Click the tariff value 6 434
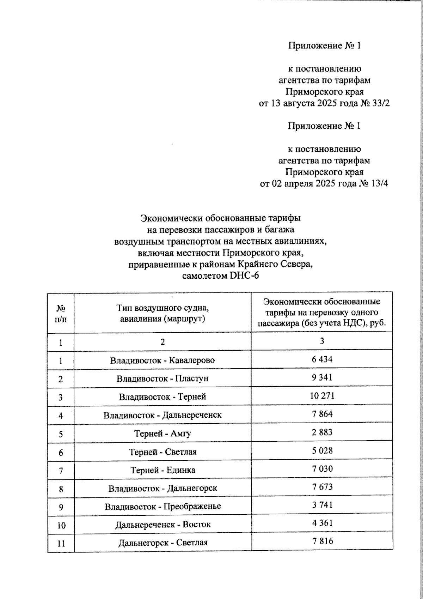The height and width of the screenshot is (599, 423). pyautogui.click(x=322, y=359)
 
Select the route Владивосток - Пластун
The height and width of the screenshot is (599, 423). pyautogui.click(x=163, y=379)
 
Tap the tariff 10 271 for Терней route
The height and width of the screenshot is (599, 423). pyautogui.click(x=322, y=396)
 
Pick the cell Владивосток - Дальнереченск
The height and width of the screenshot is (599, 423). pyautogui.click(x=163, y=415)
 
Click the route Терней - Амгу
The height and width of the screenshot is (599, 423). pyautogui.click(x=163, y=433)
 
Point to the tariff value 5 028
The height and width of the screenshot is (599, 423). pyautogui.click(x=322, y=450)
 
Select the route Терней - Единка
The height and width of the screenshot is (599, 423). pyautogui.click(x=163, y=470)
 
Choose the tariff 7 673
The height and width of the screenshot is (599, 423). pyautogui.click(x=322, y=487)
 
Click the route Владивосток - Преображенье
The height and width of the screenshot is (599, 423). pyautogui.click(x=163, y=506)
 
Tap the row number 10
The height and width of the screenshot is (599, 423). pyautogui.click(x=61, y=525)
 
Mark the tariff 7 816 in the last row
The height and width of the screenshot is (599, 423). pyautogui.click(x=322, y=541)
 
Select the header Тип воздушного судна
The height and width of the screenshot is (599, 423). pyautogui.click(x=163, y=308)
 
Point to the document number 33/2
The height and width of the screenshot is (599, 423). pyautogui.click(x=380, y=103)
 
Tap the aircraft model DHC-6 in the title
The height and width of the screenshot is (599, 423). pyautogui.click(x=244, y=276)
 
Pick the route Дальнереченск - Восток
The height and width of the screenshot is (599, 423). pyautogui.click(x=163, y=525)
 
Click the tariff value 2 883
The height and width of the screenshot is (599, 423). pyautogui.click(x=322, y=432)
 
